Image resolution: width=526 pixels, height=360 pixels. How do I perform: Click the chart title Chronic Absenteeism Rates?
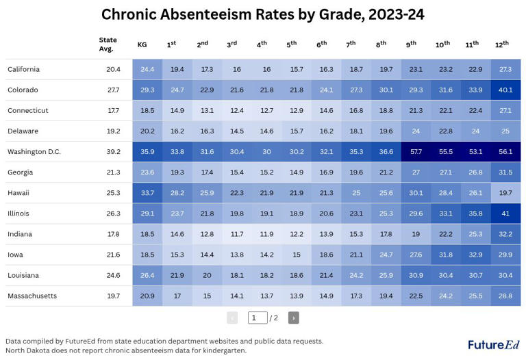tap(263, 15)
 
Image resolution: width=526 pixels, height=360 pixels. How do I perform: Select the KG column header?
tap(142, 44)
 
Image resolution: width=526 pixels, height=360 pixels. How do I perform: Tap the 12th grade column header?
tap(502, 44)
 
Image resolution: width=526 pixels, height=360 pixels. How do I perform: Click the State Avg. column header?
tap(108, 44)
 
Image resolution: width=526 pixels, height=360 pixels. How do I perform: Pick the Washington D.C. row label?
tap(34, 152)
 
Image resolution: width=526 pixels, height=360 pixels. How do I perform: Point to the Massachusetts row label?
tap(32, 296)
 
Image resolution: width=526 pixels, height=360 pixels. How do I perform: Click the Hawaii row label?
tap(18, 193)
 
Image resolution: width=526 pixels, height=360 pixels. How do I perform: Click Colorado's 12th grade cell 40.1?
tap(505, 90)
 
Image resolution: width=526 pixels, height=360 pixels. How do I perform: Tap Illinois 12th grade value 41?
tap(505, 214)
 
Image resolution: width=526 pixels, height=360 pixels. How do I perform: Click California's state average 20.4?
tap(113, 70)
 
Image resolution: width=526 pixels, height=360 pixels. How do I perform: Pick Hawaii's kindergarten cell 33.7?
tap(147, 193)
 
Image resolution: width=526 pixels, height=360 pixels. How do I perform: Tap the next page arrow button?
tap(293, 318)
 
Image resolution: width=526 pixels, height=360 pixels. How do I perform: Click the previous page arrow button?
tap(232, 318)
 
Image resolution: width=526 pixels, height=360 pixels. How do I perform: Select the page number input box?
tap(258, 318)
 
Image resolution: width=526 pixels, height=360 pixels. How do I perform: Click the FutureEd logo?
tap(493, 344)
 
